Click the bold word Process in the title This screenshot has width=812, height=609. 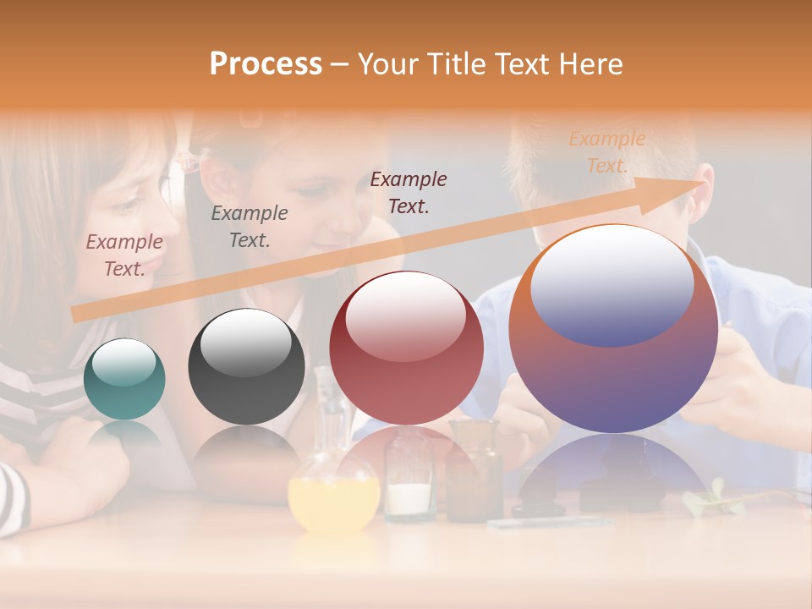pyautogui.click(x=266, y=64)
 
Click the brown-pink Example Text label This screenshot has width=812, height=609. pyautogui.click(x=124, y=255)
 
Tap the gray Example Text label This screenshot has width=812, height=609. pyautogui.click(x=250, y=227)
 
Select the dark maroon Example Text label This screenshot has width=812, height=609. pyautogui.click(x=409, y=192)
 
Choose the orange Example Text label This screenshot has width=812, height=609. pyautogui.click(x=606, y=152)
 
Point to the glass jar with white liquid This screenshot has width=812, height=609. pyautogui.click(x=410, y=486)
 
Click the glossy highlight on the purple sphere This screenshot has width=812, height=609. pyautogui.click(x=612, y=283)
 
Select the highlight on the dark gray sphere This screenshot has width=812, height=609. pyautogui.click(x=245, y=343)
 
